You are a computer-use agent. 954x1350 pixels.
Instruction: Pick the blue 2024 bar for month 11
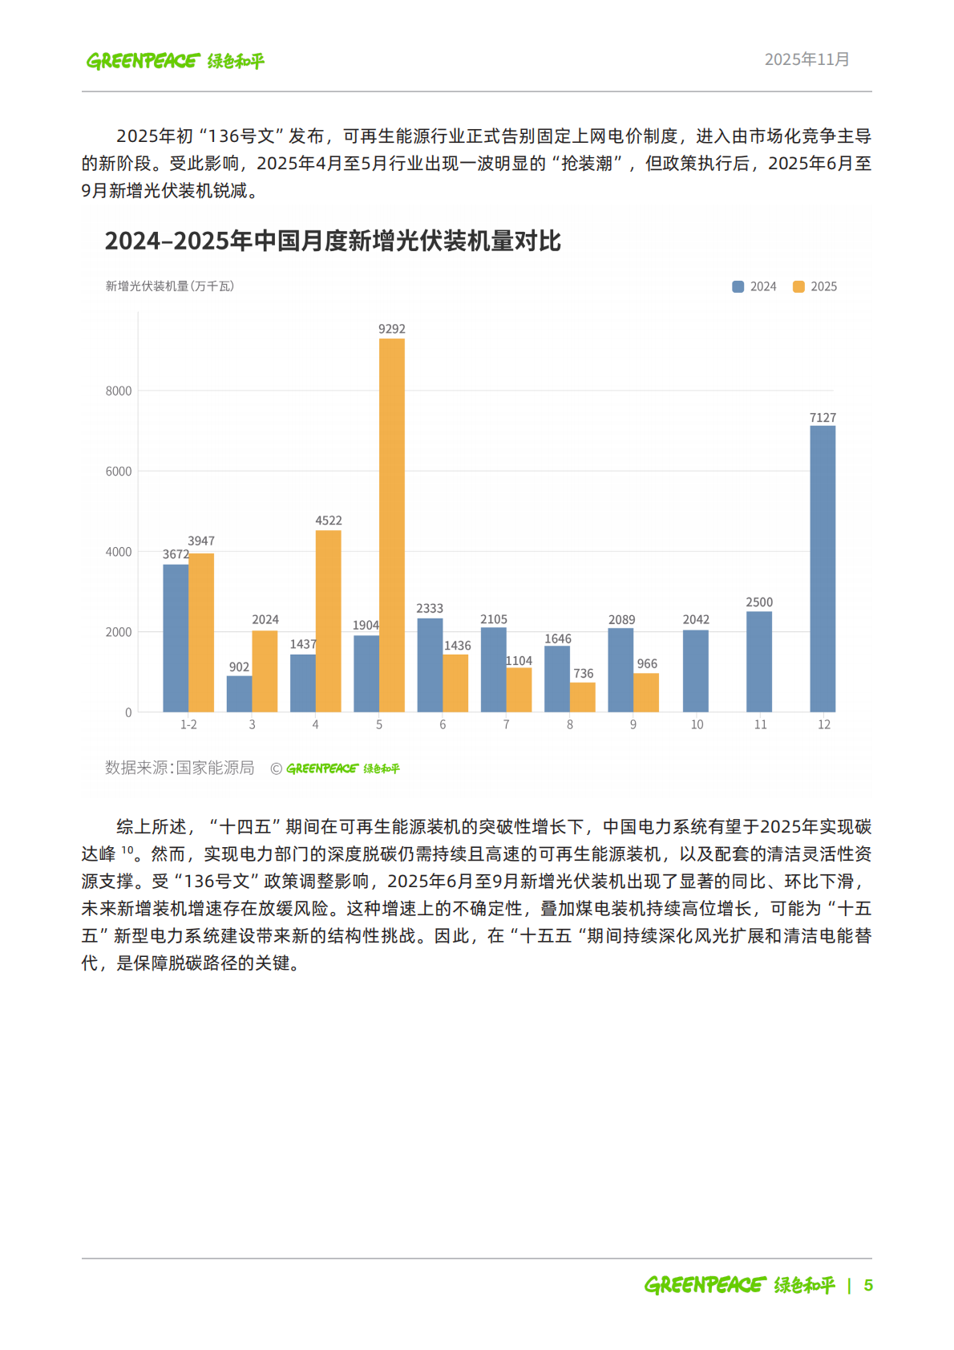[x=758, y=661]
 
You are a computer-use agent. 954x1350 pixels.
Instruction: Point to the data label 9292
[x=391, y=329]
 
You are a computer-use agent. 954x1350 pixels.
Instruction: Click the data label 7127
[x=823, y=417]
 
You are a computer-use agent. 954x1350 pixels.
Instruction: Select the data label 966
[x=646, y=663]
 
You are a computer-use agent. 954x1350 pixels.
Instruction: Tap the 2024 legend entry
[x=754, y=286]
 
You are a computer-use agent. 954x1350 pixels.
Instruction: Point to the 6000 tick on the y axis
[x=119, y=472]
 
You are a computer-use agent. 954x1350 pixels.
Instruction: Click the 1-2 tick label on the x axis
[x=188, y=724]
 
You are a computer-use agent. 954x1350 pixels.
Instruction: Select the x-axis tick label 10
[x=697, y=724]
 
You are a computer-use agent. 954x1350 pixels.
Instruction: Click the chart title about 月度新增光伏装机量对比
[x=333, y=241]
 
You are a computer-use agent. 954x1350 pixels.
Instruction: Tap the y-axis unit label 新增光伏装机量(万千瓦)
[x=169, y=286]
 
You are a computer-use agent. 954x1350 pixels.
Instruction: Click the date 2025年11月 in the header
[x=806, y=59]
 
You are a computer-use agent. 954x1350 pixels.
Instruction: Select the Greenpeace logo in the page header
[x=175, y=61]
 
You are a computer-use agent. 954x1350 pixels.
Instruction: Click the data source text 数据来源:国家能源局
[x=180, y=768]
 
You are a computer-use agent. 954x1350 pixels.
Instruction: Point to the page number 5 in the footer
[x=868, y=1285]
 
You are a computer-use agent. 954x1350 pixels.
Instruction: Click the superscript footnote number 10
[x=127, y=849]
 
